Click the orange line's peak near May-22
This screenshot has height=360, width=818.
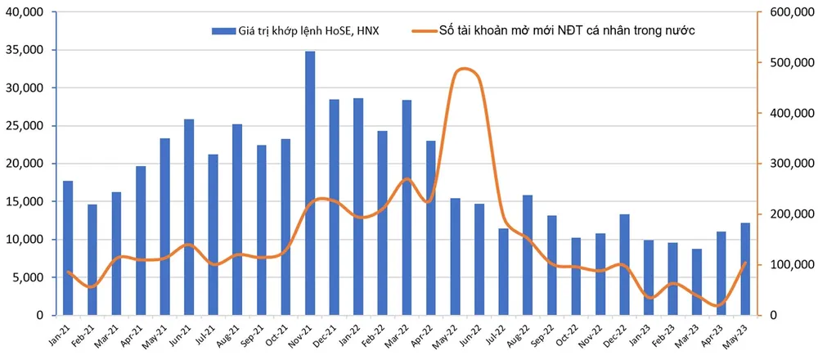[x=464, y=69]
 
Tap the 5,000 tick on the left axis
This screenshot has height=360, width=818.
[x=30, y=277]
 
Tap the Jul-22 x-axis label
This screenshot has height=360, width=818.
[x=498, y=336]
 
